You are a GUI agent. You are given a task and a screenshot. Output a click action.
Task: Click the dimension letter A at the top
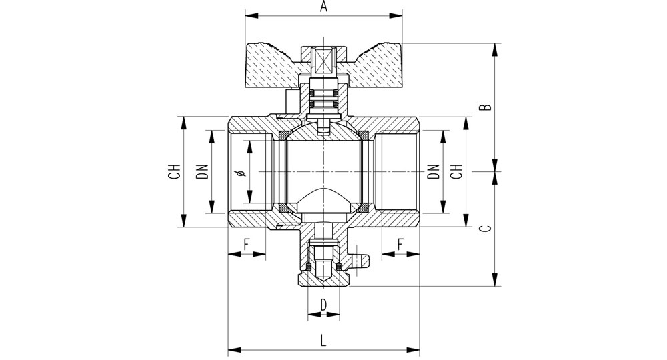tap(324, 7)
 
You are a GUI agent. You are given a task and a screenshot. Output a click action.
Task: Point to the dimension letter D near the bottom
tap(324, 305)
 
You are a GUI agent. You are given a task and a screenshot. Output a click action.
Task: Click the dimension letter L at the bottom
tap(323, 341)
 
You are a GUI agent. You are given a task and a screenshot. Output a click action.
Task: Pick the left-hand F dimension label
tap(247, 245)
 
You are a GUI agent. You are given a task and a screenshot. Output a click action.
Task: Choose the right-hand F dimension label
tap(400, 245)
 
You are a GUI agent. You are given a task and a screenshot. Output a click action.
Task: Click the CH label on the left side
tap(174, 171)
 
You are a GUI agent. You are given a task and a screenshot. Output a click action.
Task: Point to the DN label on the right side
tap(434, 171)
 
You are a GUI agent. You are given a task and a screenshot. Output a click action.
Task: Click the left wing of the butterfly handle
tap(272, 64)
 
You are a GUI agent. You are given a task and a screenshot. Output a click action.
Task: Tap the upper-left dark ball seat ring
tap(283, 135)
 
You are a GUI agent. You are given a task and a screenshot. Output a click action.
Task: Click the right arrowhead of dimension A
tap(396, 16)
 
